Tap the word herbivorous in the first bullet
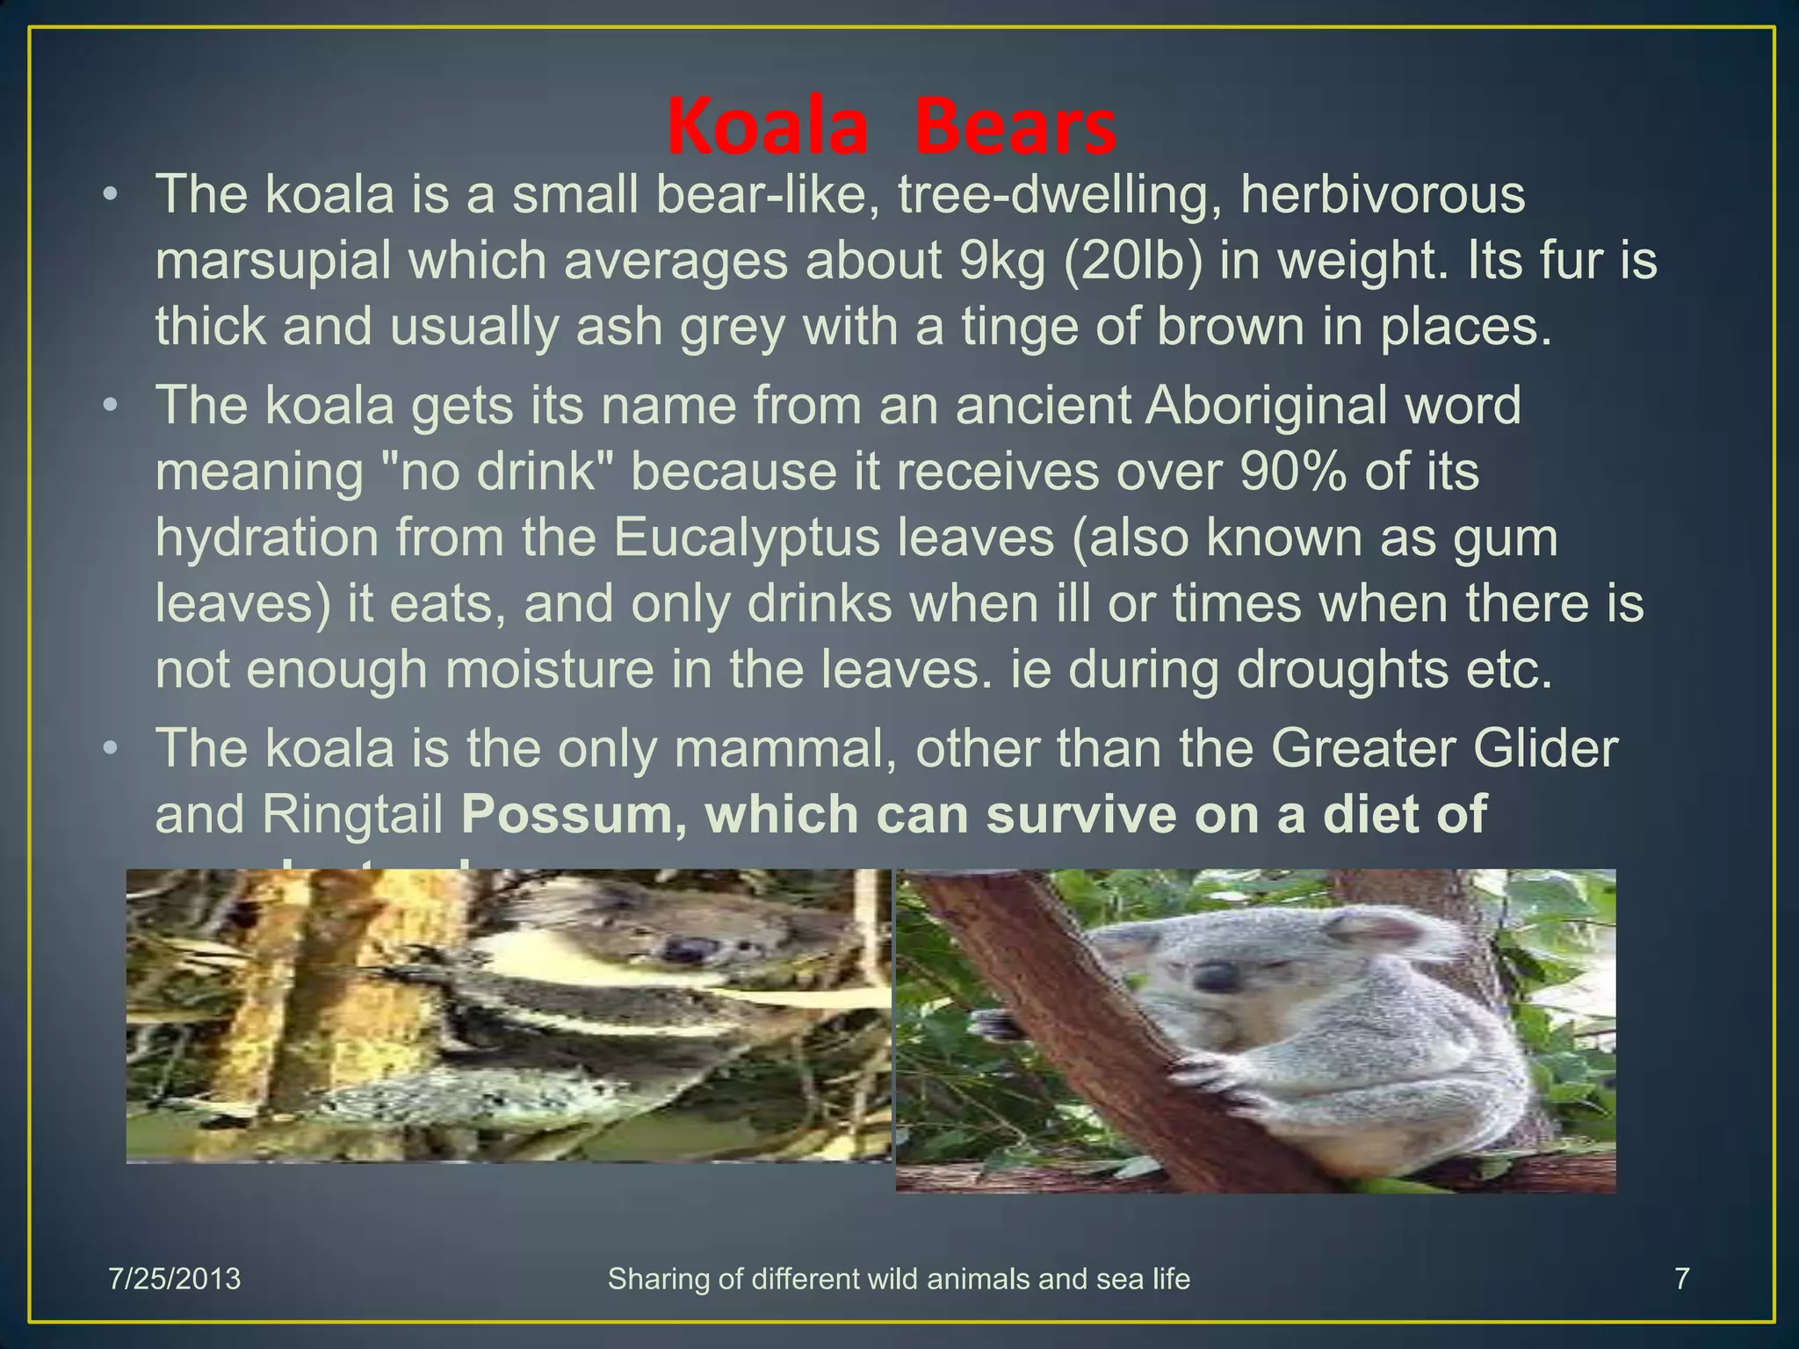[1383, 194]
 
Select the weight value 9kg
[1002, 261]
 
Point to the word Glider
[1545, 748]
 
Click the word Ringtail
[352, 815]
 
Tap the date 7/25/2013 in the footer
[174, 1279]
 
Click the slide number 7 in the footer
[1681, 1279]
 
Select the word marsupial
[273, 261]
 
